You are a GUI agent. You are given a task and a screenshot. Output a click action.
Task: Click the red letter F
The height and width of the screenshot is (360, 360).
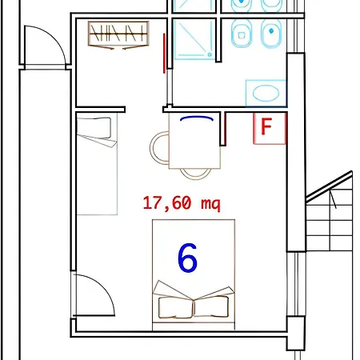(266, 126)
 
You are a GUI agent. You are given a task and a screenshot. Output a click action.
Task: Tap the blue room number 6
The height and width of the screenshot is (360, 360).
(187, 258)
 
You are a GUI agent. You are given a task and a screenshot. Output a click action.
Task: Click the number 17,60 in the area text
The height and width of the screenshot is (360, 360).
(167, 203)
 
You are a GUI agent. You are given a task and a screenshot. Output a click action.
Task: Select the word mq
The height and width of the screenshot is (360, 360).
(210, 204)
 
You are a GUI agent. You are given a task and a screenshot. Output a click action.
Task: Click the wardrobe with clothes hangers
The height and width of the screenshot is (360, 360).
(118, 34)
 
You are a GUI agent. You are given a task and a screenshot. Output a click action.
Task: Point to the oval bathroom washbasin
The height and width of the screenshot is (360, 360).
(266, 93)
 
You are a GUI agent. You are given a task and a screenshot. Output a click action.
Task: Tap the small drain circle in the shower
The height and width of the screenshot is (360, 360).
(210, 54)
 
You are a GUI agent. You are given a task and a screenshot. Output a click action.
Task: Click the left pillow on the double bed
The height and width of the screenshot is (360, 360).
(175, 307)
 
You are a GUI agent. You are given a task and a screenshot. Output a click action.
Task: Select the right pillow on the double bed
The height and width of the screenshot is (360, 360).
(211, 306)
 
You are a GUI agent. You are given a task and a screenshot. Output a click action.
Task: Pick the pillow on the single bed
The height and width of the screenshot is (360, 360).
(94, 128)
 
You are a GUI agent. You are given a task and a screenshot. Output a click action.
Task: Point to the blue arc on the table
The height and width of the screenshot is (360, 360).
(197, 117)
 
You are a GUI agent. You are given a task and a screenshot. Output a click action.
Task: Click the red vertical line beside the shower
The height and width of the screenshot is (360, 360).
(164, 54)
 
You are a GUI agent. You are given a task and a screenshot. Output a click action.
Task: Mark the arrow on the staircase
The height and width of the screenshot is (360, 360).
(333, 198)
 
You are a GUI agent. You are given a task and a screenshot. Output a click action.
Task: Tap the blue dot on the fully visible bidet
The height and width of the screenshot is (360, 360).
(271, 31)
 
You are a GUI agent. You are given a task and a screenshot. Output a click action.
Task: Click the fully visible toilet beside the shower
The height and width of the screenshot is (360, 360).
(242, 34)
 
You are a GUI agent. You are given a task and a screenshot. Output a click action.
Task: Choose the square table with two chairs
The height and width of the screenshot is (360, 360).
(194, 141)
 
